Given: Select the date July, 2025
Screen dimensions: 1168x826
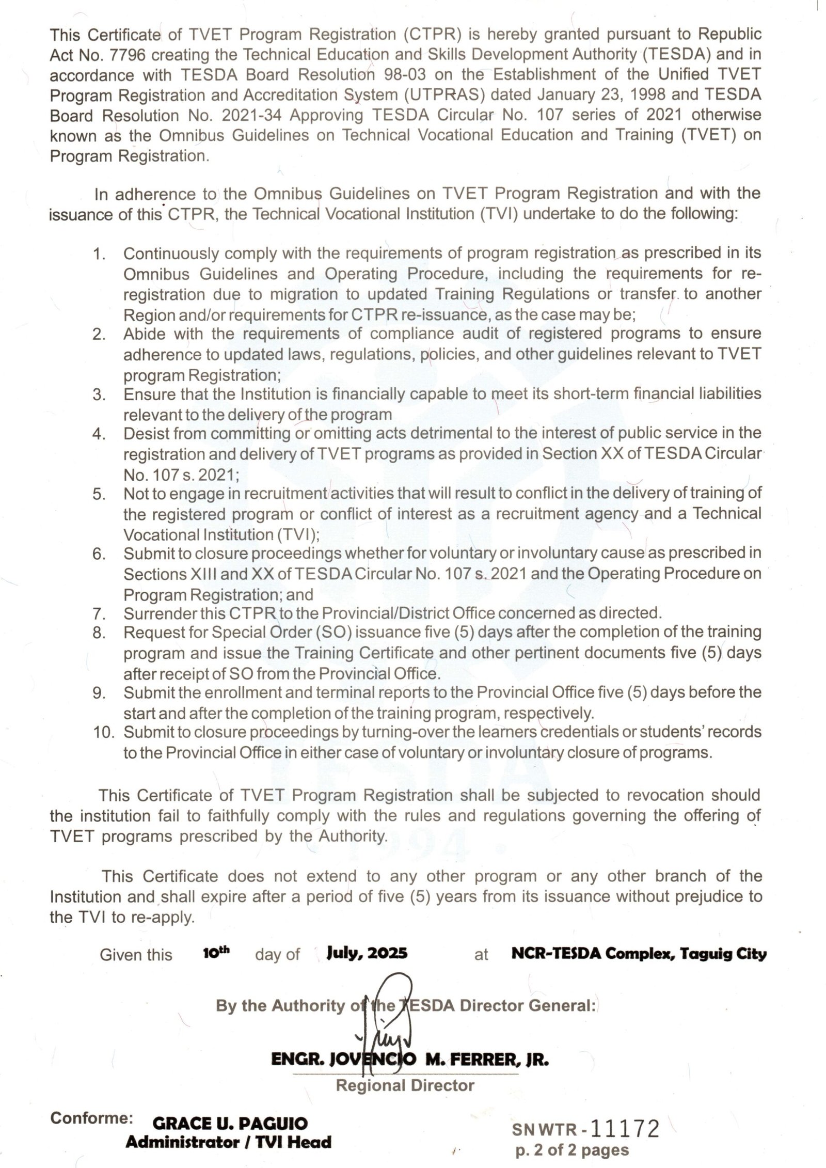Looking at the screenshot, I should [367, 953].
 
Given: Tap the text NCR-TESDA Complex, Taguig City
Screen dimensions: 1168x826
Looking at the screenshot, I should [639, 954].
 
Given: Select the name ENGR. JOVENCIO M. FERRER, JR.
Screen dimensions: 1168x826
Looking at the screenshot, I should [410, 1060].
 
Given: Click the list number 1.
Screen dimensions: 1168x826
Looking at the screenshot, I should [99, 254].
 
